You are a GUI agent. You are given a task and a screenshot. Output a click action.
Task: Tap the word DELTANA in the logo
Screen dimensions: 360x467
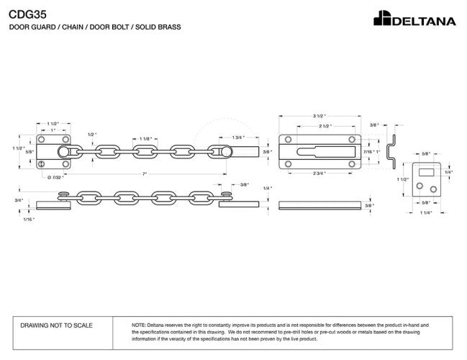[423, 20]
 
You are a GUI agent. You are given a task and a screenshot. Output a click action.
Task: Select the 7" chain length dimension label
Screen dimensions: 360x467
[145, 174]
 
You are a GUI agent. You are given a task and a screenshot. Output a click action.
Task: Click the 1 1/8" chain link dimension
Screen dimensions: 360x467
[145, 138]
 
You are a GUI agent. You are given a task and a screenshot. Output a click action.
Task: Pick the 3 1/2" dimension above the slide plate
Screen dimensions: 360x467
[320, 116]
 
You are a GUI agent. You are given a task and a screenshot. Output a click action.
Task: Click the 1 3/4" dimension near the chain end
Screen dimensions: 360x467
[238, 138]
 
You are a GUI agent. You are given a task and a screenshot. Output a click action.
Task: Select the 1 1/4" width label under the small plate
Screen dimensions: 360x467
[425, 213]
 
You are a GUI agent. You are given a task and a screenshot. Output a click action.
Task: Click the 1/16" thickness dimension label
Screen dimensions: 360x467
[28, 219]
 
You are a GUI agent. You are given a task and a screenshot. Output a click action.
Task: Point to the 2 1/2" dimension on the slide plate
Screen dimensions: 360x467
[326, 126]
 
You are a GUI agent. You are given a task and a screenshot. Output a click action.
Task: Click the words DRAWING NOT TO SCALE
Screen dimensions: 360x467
[57, 325]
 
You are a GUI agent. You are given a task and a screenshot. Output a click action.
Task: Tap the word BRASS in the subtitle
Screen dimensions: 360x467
[167, 27]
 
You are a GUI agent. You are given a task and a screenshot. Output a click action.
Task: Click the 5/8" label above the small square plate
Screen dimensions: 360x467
[425, 153]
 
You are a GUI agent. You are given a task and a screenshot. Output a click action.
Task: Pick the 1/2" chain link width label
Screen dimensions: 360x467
[91, 134]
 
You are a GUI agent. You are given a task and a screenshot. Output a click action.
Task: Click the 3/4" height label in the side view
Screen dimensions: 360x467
[19, 200]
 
